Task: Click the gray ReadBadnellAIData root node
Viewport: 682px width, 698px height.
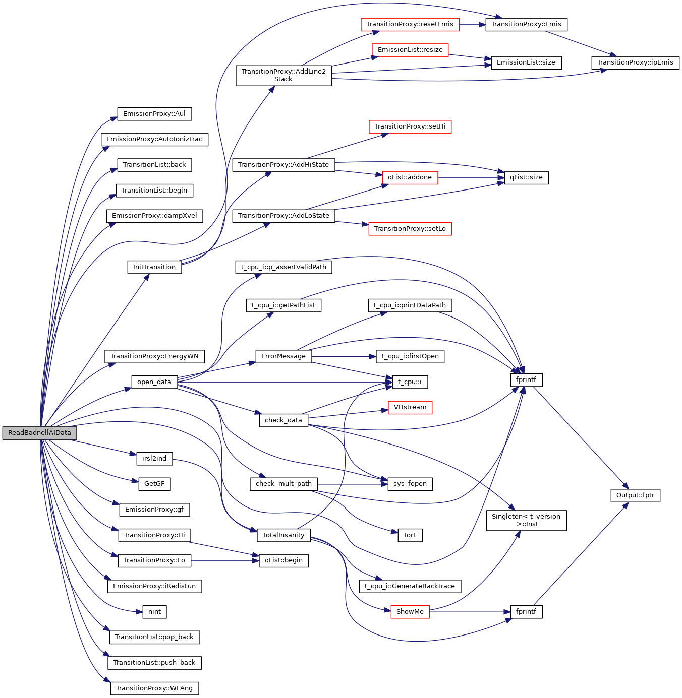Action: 39,433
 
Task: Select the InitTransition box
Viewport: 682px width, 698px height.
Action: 154,267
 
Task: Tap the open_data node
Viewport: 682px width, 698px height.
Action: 154,382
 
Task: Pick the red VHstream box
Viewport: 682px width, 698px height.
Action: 410,407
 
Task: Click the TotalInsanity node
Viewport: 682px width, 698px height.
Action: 283,535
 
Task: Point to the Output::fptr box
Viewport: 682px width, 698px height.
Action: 635,495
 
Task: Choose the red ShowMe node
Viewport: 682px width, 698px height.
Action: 410,612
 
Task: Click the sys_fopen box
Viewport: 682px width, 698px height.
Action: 410,484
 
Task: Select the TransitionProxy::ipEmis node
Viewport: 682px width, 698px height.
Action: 635,62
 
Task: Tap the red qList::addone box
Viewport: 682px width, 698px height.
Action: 410,177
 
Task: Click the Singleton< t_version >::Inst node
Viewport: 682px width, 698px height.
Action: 526,520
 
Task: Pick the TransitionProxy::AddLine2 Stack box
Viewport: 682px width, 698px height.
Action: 283,75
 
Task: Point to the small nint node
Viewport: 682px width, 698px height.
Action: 154,612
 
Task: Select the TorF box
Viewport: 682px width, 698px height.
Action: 410,535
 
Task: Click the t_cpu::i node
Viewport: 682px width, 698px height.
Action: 410,382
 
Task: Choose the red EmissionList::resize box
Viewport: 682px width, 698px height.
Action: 410,50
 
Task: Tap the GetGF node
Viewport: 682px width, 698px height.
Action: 154,484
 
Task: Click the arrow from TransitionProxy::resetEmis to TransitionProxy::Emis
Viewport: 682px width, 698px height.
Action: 472,24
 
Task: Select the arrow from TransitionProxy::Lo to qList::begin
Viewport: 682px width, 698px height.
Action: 224,560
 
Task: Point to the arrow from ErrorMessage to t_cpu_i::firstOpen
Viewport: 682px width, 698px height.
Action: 344,356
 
